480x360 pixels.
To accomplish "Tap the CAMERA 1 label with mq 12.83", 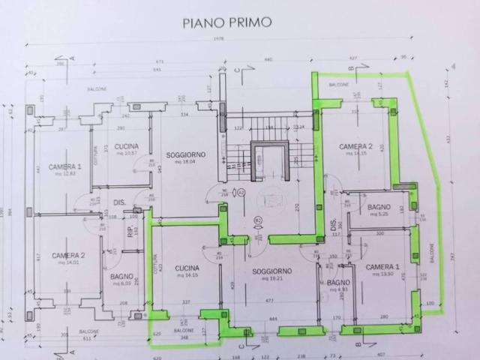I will (64, 166).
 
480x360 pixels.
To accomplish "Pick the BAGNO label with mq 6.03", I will (121, 276).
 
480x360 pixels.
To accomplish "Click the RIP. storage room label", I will (130, 232).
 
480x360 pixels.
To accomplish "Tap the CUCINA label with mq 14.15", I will (187, 268).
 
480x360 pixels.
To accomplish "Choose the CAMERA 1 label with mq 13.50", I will (382, 267).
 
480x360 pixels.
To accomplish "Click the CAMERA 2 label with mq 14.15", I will (355, 146).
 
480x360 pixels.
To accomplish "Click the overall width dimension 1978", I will (219, 39).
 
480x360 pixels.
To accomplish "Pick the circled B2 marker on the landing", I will (257, 220).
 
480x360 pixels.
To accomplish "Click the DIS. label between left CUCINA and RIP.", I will (118, 202).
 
